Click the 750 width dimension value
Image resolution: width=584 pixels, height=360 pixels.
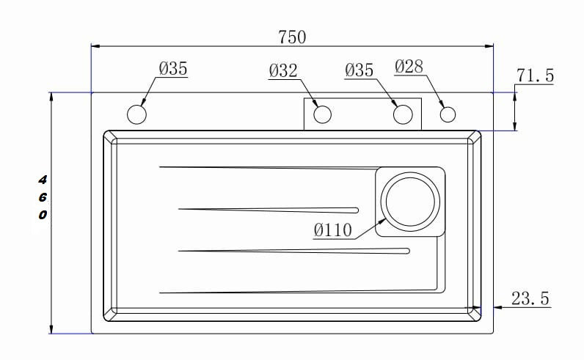[x=292, y=37]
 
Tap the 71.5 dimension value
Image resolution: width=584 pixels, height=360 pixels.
[x=535, y=76]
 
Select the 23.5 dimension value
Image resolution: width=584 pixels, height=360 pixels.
[x=530, y=298]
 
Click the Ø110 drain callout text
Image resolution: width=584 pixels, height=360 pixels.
[x=332, y=230]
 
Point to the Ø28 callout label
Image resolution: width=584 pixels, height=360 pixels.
[x=409, y=67]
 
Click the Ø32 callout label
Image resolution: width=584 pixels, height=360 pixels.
[x=283, y=70]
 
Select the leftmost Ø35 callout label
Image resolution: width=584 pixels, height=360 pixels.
[x=173, y=68]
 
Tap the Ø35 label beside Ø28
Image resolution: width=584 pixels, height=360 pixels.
[x=359, y=70]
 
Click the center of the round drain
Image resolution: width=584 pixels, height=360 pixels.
[x=410, y=202]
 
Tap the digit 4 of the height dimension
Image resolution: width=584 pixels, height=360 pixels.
[x=43, y=180]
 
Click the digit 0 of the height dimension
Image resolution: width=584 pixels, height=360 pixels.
[x=43, y=215]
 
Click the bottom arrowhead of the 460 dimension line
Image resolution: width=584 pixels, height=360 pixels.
[x=51, y=328]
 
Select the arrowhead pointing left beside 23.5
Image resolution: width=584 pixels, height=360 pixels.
[x=498, y=307]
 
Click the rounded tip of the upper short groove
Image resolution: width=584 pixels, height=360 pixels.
[x=356, y=210]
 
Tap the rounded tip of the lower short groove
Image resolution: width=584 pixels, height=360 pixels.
[x=407, y=251]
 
